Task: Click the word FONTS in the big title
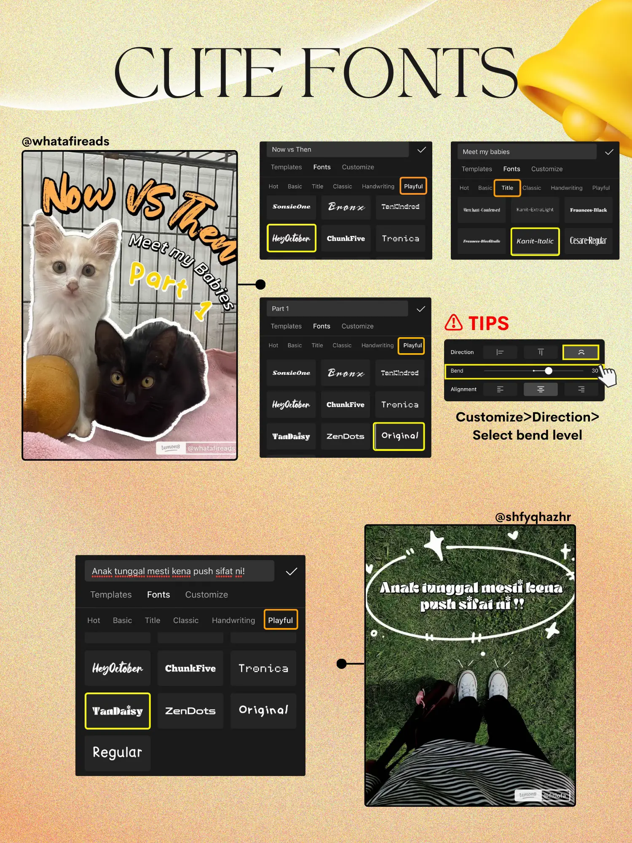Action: point(409,72)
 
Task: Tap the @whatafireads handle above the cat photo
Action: point(66,141)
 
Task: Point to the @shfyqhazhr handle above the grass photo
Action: point(533,516)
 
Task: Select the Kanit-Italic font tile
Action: point(535,241)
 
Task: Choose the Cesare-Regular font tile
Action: point(588,241)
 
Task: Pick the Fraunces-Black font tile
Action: point(588,210)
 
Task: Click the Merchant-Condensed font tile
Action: point(482,210)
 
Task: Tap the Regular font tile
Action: point(118,752)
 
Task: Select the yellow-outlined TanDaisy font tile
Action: point(118,711)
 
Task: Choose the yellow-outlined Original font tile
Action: point(399,436)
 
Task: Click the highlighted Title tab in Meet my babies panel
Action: point(507,188)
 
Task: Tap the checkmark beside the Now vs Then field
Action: point(421,150)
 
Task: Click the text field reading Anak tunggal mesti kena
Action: point(179,571)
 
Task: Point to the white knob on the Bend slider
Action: point(548,371)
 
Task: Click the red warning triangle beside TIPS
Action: point(454,322)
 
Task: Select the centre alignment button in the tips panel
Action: point(541,389)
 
